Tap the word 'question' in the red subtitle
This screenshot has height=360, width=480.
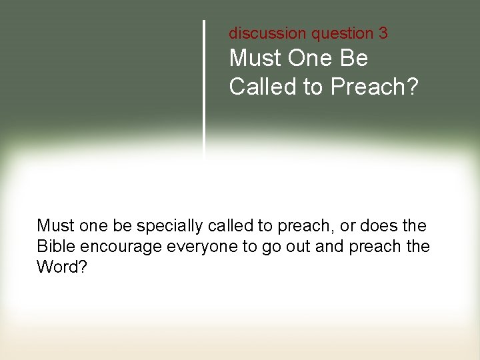(333, 33)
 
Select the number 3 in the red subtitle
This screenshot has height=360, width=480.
(383, 33)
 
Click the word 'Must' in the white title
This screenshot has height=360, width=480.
(255, 59)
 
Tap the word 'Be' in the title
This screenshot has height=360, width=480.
(353, 59)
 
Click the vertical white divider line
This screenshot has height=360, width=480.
(204, 87)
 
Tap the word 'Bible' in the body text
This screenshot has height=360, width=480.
(56, 246)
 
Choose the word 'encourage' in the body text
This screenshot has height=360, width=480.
(121, 246)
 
